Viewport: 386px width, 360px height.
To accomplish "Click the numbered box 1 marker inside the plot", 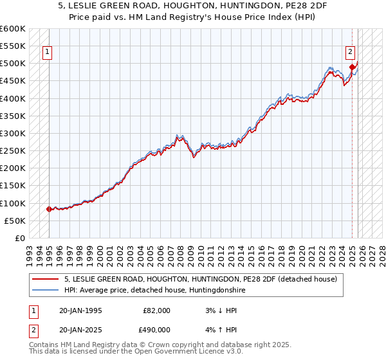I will pos(48,53).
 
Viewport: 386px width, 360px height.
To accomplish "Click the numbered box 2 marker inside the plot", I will pos(350,53).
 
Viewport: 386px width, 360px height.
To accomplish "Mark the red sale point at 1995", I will pos(50,209).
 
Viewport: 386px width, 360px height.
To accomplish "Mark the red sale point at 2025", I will pos(352,66).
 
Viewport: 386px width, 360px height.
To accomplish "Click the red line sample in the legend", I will pos(46,279).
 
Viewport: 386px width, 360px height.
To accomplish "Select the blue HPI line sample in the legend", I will pos(46,290).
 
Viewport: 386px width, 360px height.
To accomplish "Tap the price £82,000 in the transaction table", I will pos(157,310).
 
